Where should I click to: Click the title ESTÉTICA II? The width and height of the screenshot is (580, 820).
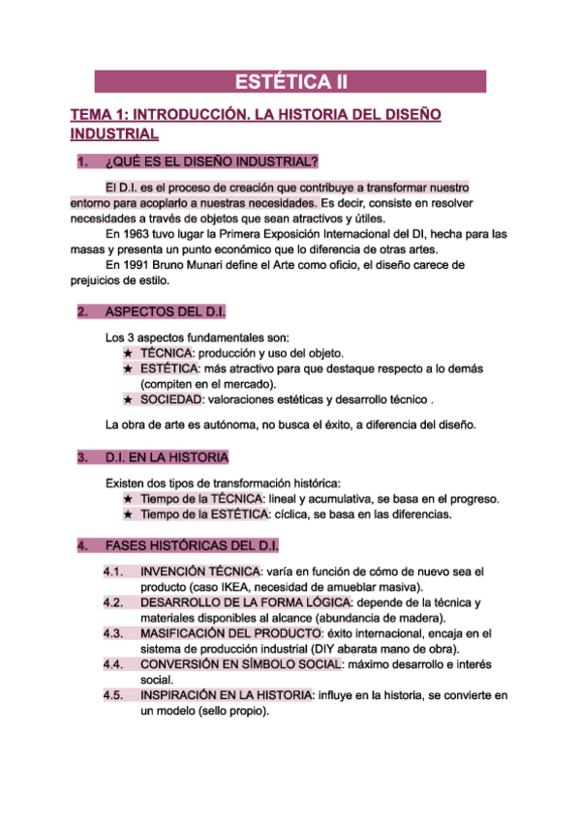click(x=290, y=81)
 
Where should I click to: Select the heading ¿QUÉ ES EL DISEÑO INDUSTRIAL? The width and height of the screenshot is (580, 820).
click(x=211, y=161)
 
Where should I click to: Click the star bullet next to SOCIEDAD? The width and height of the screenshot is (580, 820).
click(x=129, y=400)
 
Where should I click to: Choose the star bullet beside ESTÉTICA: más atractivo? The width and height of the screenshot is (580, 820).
click(x=129, y=368)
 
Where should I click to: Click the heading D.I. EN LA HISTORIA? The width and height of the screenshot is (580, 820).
click(x=167, y=456)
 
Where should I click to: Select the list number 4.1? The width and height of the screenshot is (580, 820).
click(x=113, y=572)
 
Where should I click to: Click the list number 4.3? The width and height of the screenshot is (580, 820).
click(x=113, y=633)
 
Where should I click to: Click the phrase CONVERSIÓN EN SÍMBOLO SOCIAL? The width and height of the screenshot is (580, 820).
click(x=240, y=664)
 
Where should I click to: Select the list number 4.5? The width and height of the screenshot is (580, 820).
click(x=113, y=695)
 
